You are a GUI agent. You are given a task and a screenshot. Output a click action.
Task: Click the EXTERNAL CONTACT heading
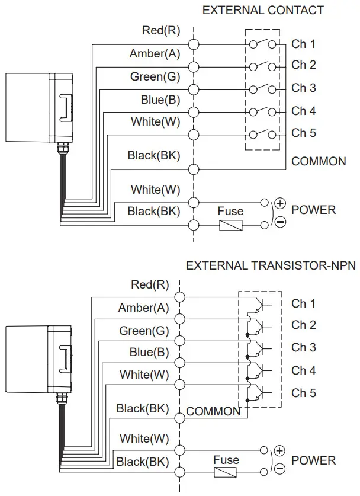[x=263, y=10]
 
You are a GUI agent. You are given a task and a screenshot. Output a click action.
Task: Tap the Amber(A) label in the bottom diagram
[x=143, y=308]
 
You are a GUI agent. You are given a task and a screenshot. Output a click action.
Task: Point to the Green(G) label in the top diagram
[x=155, y=76]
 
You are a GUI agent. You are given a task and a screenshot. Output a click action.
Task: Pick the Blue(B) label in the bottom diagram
[x=149, y=352]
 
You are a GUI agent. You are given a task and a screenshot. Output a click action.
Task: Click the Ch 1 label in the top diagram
[x=303, y=44]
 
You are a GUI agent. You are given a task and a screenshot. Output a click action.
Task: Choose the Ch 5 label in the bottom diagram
[x=303, y=393]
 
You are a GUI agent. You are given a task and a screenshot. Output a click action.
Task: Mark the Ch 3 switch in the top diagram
[x=263, y=89]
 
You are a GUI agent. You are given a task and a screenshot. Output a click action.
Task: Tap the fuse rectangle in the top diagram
[x=230, y=225]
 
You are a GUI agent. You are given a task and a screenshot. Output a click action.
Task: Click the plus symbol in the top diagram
[x=280, y=203]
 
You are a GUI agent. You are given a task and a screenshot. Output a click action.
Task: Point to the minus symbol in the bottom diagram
[x=280, y=469]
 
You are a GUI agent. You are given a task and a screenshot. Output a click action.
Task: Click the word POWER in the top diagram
[x=313, y=210]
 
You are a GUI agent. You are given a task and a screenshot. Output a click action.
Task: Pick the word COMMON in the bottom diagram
[x=213, y=411]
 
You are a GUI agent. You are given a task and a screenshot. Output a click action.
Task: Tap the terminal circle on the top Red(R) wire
[x=193, y=44]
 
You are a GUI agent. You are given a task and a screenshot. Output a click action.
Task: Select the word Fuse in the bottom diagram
[x=226, y=460]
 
